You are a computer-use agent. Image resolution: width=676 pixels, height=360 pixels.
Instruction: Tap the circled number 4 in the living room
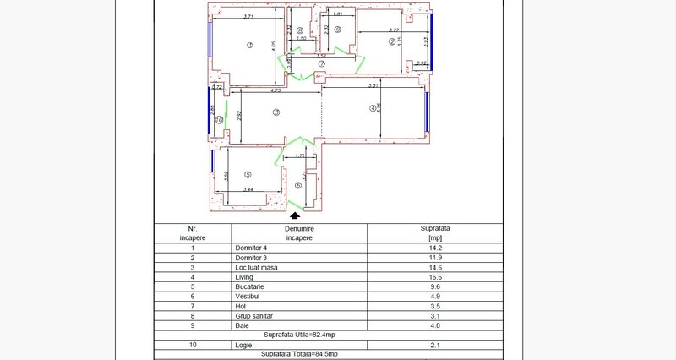click(x=372, y=108)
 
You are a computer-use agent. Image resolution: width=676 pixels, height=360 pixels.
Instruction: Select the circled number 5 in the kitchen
click(x=248, y=175)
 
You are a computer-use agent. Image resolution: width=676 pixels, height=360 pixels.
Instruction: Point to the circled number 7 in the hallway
click(x=322, y=63)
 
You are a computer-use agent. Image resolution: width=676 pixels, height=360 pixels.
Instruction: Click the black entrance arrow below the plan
click(x=293, y=216)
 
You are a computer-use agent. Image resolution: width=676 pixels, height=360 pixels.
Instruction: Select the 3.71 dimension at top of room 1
click(x=248, y=17)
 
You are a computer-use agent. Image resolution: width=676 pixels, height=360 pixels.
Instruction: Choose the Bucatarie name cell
click(x=250, y=287)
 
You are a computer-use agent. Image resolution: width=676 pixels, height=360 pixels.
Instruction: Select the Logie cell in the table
click(x=244, y=344)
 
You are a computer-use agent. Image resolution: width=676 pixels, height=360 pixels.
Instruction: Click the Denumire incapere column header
click(x=298, y=233)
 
